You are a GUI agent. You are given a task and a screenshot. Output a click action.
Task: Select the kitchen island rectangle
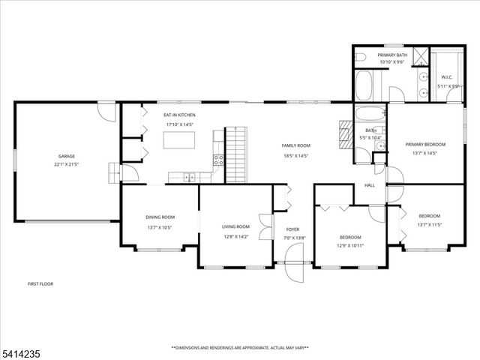[180, 140]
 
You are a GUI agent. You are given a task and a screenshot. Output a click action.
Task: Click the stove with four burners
[218, 160]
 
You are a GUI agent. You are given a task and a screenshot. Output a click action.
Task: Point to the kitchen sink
[189, 177]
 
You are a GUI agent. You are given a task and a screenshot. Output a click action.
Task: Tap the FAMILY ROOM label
[295, 145]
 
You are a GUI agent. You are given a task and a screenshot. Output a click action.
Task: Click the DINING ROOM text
[160, 217]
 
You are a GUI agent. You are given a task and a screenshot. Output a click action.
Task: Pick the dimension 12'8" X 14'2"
[235, 235]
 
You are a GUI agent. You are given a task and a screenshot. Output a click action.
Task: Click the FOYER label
[292, 229]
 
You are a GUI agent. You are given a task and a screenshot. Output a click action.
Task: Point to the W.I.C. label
[446, 77]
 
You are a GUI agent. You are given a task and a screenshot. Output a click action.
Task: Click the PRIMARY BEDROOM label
[425, 144]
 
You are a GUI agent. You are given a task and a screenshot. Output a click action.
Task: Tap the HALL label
[369, 185]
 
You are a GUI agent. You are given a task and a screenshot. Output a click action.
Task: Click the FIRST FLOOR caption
[40, 283]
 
